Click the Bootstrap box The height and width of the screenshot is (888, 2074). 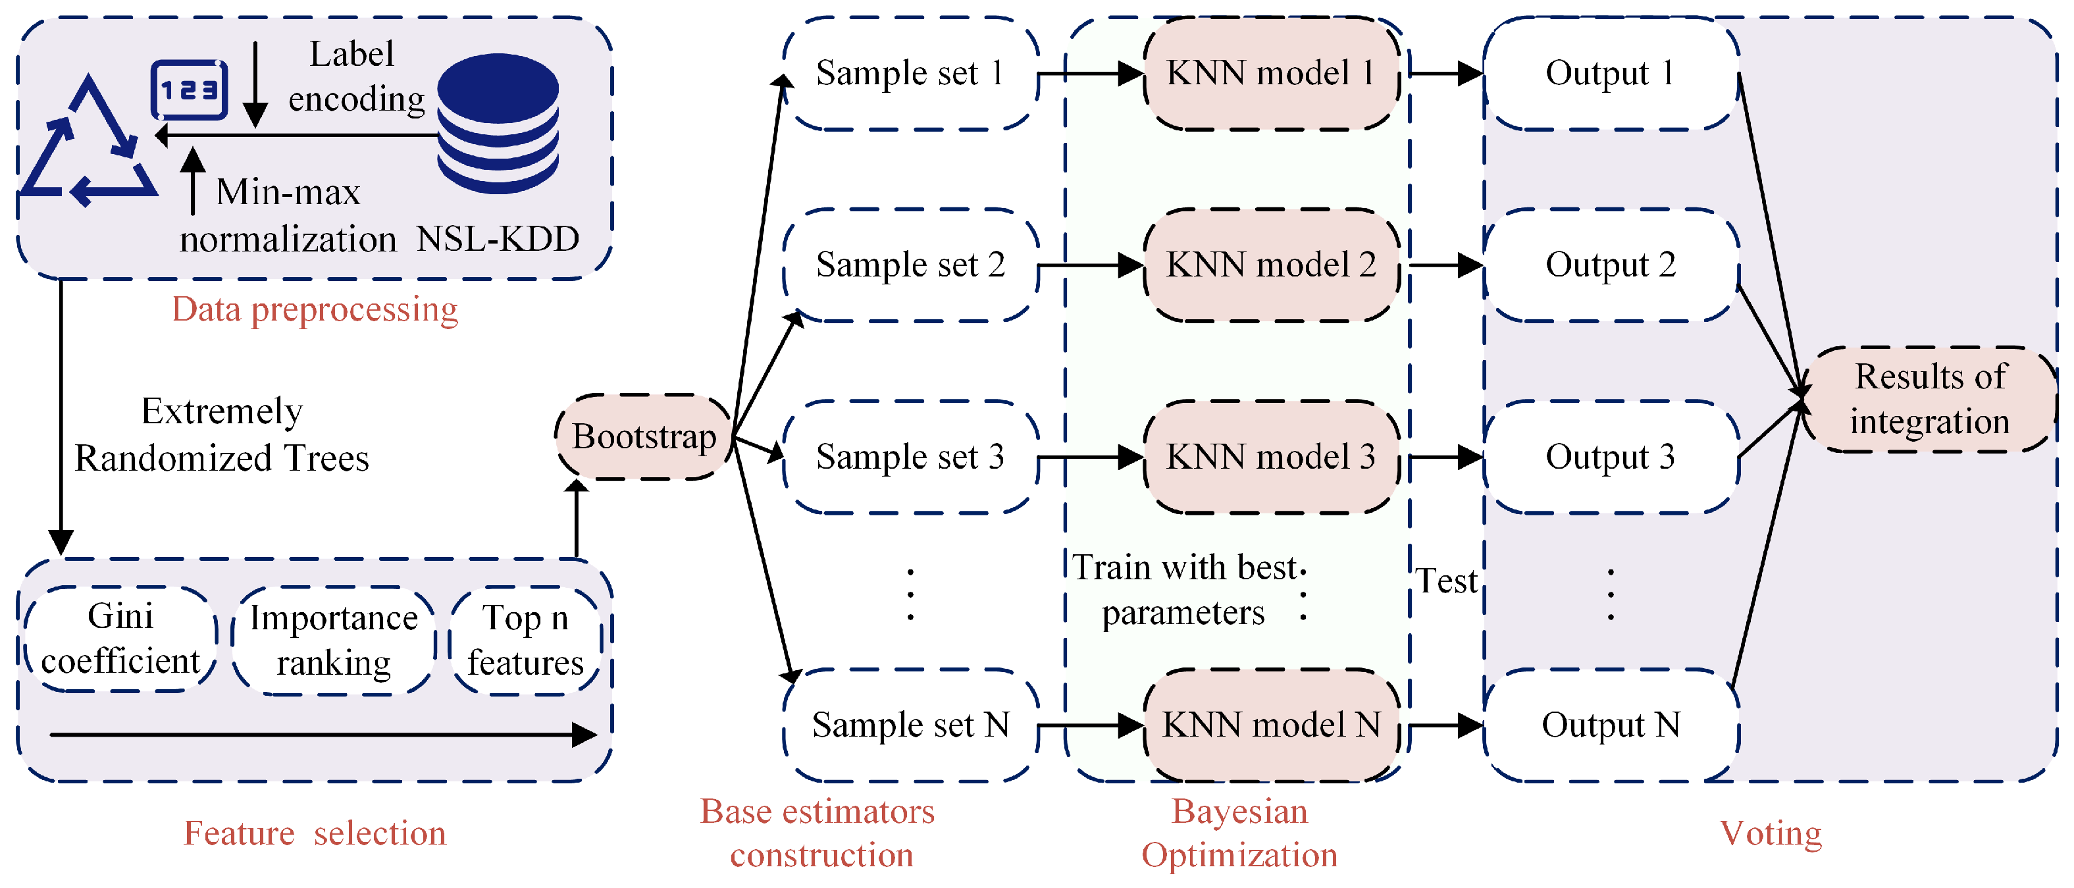click(643, 437)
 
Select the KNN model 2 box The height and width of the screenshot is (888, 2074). click(1270, 265)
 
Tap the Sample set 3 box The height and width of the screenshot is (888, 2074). click(910, 456)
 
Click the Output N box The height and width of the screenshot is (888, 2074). click(1610, 725)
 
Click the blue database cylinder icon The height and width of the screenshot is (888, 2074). click(498, 122)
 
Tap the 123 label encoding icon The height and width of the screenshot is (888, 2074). click(189, 90)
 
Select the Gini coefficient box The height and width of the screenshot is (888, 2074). click(120, 639)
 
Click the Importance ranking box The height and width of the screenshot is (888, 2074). click(333, 640)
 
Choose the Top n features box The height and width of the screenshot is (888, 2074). click(525, 640)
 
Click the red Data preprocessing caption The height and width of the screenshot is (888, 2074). click(315, 309)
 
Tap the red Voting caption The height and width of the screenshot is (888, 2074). click(1771, 833)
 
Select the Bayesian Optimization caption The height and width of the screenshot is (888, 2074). click(1239, 833)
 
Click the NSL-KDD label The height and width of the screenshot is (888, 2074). click(498, 239)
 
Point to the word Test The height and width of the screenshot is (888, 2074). click(1446, 581)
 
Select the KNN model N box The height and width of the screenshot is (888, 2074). click(1270, 725)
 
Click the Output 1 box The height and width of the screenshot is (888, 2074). click(1610, 73)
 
